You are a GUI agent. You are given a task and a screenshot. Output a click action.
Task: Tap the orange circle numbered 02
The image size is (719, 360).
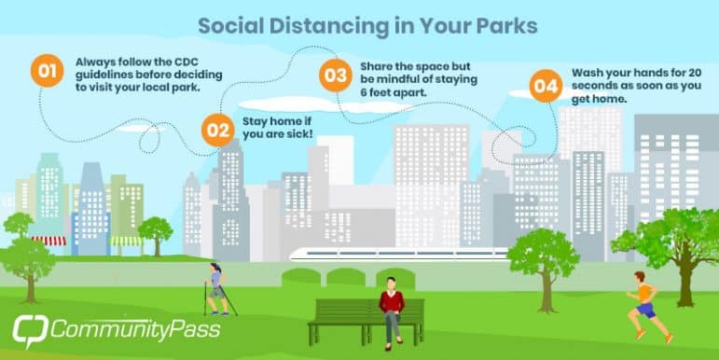pyautogui.click(x=218, y=130)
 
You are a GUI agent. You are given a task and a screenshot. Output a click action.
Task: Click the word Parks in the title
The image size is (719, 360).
pyautogui.click(x=508, y=26)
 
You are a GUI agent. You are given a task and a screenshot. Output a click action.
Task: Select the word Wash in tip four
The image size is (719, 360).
pyautogui.click(x=588, y=72)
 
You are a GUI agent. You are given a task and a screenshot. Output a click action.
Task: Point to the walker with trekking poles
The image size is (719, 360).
pyautogui.click(x=218, y=287)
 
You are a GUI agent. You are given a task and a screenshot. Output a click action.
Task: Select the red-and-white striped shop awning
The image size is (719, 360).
pyautogui.click(x=48, y=240)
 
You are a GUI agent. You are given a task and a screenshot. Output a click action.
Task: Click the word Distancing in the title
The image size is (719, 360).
pyautogui.click(x=323, y=26)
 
